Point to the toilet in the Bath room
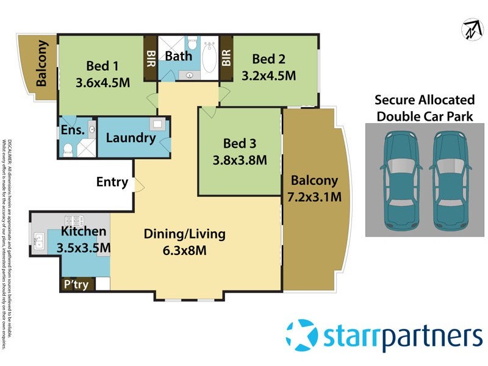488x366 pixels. (192, 45)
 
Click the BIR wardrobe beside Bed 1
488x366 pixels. (150, 59)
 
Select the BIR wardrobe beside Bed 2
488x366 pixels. (226, 59)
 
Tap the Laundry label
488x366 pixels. (131, 138)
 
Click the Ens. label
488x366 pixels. (72, 129)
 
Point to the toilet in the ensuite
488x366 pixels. (69, 148)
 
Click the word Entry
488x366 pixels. (112, 182)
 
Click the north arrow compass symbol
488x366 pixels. (469, 29)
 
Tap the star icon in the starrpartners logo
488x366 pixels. (303, 335)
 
